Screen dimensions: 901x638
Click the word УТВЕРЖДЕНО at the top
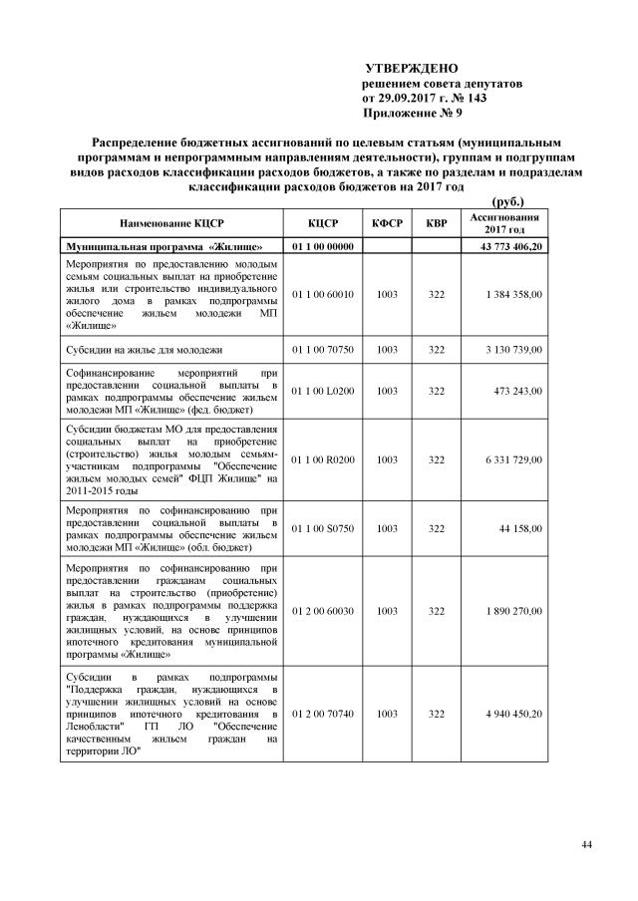pos(411,68)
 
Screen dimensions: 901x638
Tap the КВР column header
pos(437,222)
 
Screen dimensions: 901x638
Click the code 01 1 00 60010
pos(322,295)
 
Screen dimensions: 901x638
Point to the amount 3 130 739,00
pos(512,351)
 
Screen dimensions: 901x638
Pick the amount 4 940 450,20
pos(510,715)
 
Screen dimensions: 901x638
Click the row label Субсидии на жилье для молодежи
pos(144,351)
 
